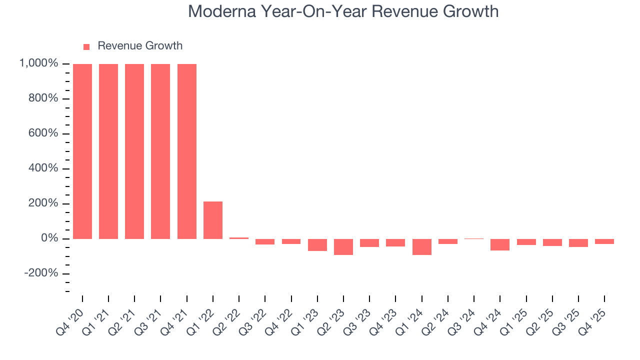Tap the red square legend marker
[86, 46]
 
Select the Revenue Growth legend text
[140, 46]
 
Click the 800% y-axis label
[45, 98]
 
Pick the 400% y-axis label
[45, 168]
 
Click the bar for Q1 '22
[213, 220]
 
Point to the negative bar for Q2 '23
[343, 246]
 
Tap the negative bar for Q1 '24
[421, 246]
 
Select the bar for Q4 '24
[500, 244]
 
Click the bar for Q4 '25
[604, 241]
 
